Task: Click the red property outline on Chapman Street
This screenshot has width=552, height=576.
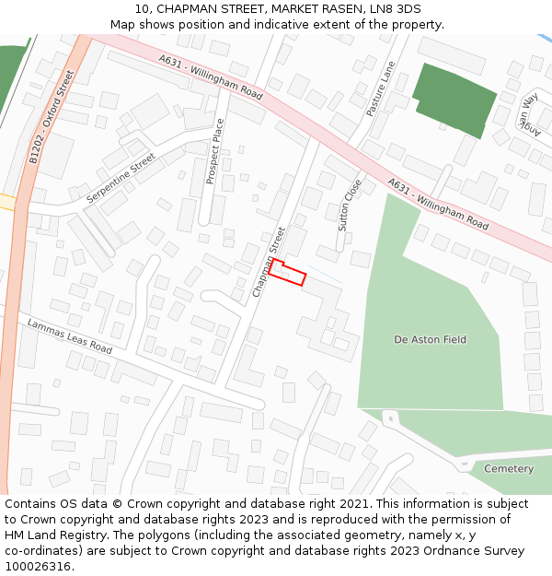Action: click(286, 273)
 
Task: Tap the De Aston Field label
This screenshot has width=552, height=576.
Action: click(430, 340)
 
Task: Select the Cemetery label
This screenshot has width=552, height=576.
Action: click(509, 469)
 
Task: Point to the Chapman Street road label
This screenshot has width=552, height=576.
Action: click(270, 263)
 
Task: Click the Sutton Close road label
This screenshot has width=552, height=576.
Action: click(350, 205)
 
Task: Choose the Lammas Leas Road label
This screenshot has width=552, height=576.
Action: click(69, 337)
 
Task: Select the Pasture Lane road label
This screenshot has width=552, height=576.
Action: click(379, 88)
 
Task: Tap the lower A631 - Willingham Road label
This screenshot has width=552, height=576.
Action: click(438, 204)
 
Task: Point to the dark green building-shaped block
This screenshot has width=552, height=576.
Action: click(454, 99)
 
